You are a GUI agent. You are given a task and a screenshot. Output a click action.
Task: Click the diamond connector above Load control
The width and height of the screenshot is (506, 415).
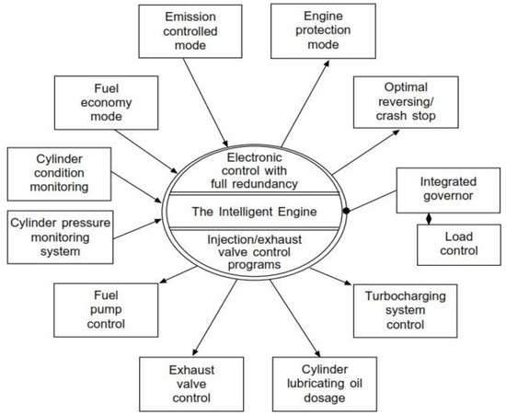coord(427,217)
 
